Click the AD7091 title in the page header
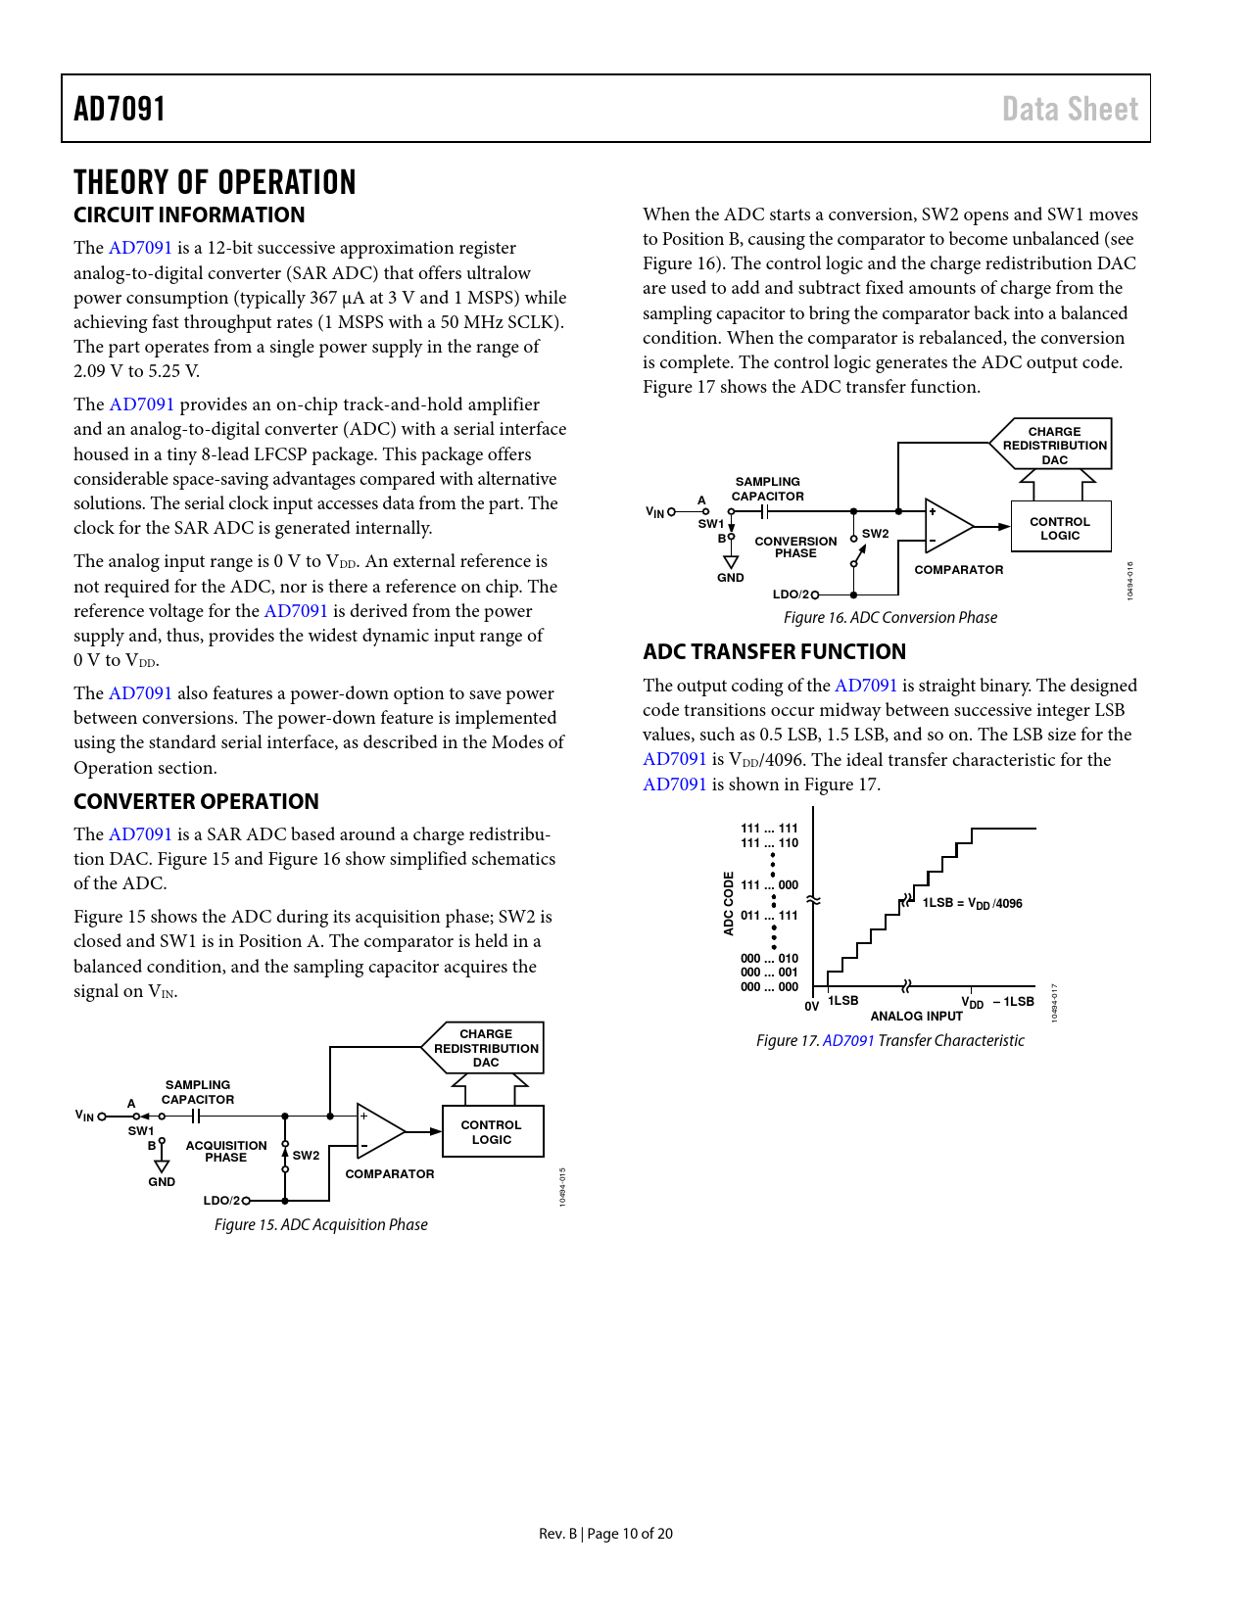click(120, 109)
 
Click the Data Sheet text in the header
click(1070, 109)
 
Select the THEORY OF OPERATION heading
click(215, 182)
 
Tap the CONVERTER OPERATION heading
click(196, 801)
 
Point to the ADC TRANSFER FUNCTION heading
click(774, 651)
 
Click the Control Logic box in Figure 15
click(492, 1132)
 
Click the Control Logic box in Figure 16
click(1060, 528)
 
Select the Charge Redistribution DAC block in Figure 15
click(485, 1048)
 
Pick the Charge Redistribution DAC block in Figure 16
click(1053, 445)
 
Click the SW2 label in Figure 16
click(876, 534)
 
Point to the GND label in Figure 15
click(162, 1182)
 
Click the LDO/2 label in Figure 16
click(791, 594)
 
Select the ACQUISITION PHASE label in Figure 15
click(226, 1151)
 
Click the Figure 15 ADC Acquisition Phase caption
click(321, 1224)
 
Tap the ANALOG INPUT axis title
click(916, 1016)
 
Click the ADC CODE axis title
click(728, 903)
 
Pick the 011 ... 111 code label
click(769, 916)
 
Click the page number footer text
click(605, 1534)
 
